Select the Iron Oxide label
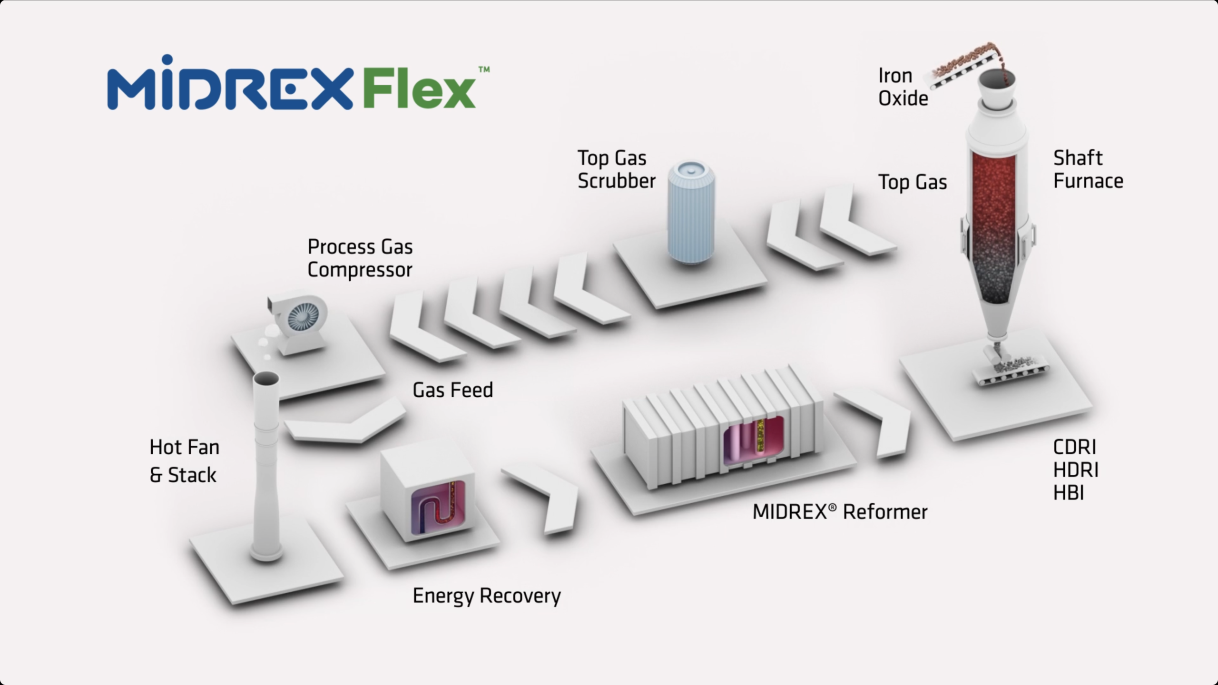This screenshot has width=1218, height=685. (x=903, y=87)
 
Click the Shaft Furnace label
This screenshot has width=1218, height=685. (x=1088, y=169)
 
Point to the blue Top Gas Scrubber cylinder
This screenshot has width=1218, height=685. (x=691, y=212)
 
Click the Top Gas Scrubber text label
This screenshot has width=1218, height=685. (x=617, y=169)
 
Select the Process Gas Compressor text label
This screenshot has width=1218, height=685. (x=360, y=258)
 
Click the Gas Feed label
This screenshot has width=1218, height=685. (x=452, y=390)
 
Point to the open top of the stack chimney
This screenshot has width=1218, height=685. (x=266, y=379)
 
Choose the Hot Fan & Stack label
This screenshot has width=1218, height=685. (x=185, y=461)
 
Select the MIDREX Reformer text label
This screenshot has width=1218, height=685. (x=840, y=512)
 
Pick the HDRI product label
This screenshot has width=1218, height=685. (x=1076, y=470)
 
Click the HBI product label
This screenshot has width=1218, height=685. (x=1069, y=493)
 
